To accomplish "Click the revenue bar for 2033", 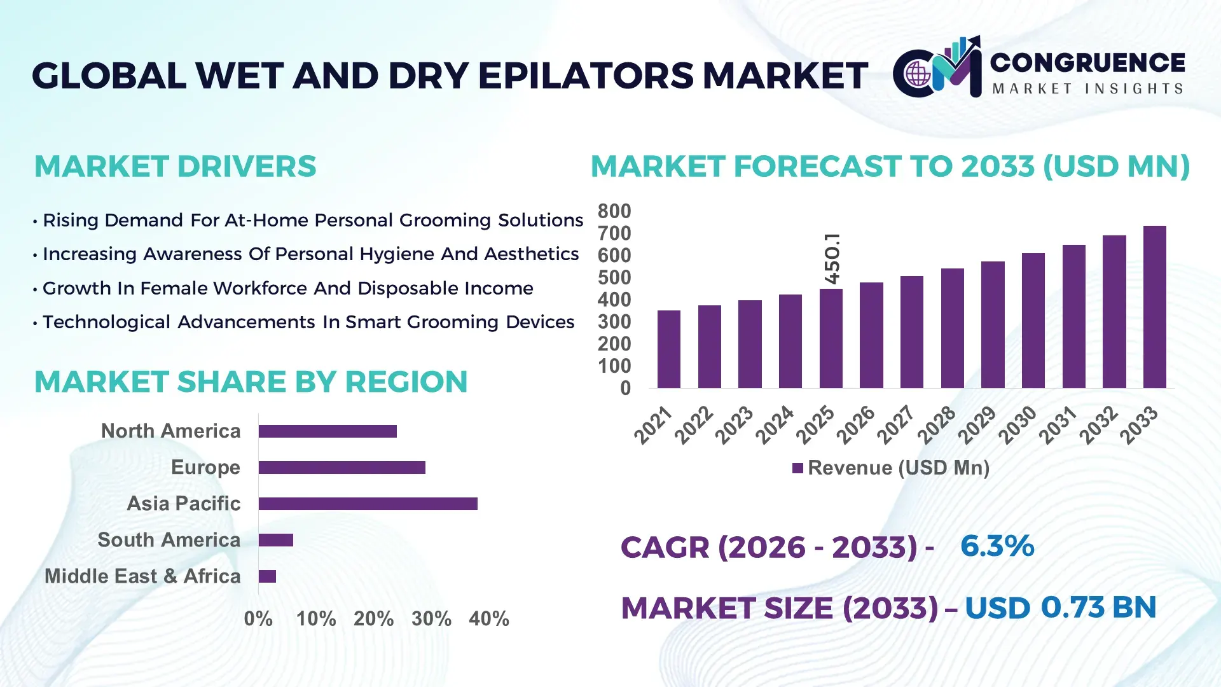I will point(1154,307).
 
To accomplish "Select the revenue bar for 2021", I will point(668,349).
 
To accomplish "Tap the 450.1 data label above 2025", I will point(832,259).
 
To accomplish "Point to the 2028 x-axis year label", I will point(937,425).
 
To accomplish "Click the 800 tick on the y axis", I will point(614,211).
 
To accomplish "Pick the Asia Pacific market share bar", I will point(368,504).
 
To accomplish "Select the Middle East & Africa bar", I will point(267,576).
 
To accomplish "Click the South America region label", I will point(169,540).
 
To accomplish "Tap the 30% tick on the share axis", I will point(431,618).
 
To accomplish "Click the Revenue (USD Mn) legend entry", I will point(890,468).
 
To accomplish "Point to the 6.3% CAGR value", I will point(997,546).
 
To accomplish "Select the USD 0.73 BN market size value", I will point(1060,607).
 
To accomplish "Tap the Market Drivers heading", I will point(175,167).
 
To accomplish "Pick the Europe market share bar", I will point(341,468).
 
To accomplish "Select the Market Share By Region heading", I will point(251,382).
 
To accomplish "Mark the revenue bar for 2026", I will point(871,335).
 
